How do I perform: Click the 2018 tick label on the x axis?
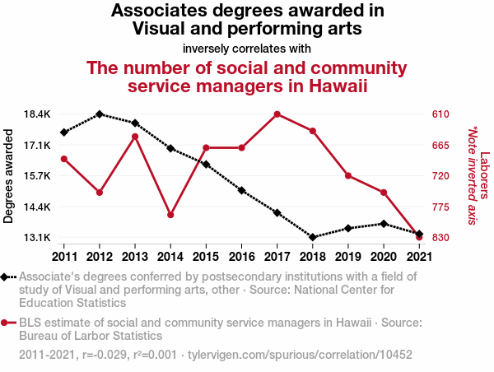[x=313, y=255]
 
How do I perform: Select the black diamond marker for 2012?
[x=100, y=114]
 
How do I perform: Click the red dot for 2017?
[x=277, y=114]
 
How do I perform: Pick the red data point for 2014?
[x=170, y=215]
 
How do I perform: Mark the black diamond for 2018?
[x=313, y=237]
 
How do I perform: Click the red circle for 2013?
[x=135, y=136]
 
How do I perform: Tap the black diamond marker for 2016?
[x=242, y=190]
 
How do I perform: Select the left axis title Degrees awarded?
[x=9, y=175]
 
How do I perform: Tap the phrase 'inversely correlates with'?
[x=247, y=48]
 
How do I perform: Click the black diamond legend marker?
[x=7, y=277]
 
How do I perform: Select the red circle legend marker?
[x=7, y=323]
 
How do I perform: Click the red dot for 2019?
[x=348, y=176]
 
